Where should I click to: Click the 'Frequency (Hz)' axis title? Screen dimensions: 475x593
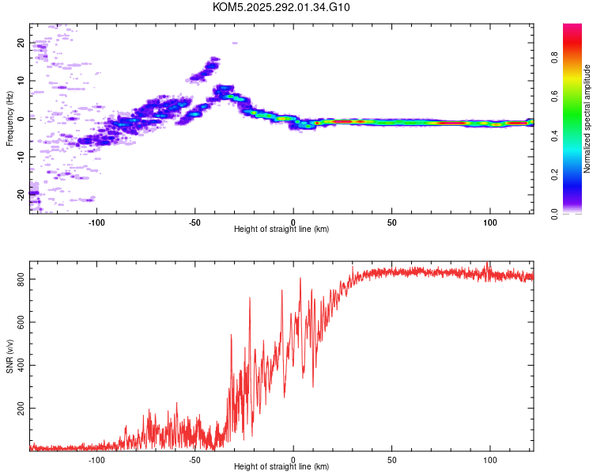pyautogui.click(x=9, y=118)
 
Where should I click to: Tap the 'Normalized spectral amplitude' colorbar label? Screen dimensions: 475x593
pyautogui.click(x=587, y=119)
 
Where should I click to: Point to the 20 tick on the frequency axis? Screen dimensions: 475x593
pyautogui.click(x=21, y=44)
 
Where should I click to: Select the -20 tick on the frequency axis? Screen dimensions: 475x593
pyautogui.click(x=21, y=192)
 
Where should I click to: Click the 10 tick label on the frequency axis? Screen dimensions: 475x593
pyautogui.click(x=21, y=81)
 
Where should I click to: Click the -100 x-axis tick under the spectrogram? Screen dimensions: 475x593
pyautogui.click(x=96, y=222)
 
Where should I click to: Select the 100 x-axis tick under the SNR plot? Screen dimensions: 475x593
pyautogui.click(x=489, y=460)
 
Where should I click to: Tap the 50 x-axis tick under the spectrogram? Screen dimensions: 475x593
pyautogui.click(x=391, y=222)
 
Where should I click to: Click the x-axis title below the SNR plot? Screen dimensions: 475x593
pyautogui.click(x=281, y=468)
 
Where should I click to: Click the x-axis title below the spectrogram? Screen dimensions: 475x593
pyautogui.click(x=281, y=230)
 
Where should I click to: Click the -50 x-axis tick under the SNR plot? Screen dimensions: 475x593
pyautogui.click(x=195, y=460)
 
